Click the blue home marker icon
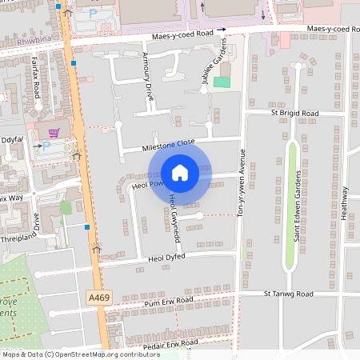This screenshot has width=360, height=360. click(180, 173)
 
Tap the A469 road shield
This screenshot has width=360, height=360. click(98, 297)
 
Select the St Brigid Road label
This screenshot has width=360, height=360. click(294, 114)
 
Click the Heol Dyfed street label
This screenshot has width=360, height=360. click(167, 259)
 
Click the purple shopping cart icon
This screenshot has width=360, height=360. click(54, 133)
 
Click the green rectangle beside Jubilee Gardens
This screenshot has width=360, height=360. click(221, 82)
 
